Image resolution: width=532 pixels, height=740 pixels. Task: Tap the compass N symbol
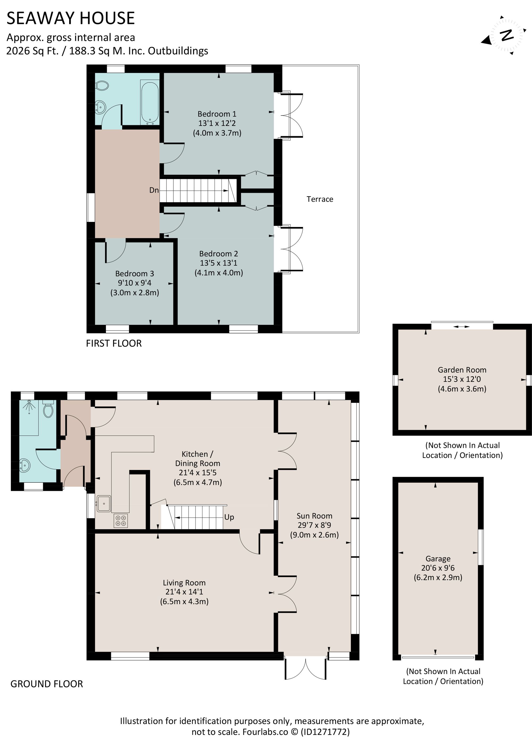(x=506, y=35)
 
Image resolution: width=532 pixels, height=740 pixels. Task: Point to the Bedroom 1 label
(x=217, y=114)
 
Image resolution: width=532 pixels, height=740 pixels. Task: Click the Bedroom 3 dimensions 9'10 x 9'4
(x=134, y=283)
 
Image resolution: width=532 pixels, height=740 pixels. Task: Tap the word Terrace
(x=320, y=199)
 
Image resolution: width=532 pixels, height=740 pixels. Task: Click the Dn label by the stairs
(x=154, y=190)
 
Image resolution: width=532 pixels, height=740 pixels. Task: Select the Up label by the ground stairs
(x=229, y=517)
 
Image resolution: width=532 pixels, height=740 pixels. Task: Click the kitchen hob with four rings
(x=121, y=520)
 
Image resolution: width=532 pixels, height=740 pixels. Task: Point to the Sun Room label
(x=314, y=516)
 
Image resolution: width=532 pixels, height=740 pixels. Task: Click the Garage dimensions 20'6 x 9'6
(x=438, y=568)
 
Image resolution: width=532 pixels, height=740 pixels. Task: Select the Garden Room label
(x=462, y=370)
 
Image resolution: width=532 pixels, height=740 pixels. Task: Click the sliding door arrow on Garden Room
(x=462, y=326)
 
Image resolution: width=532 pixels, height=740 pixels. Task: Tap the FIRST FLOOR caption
(x=114, y=343)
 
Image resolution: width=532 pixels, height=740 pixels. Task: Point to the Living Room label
(x=184, y=583)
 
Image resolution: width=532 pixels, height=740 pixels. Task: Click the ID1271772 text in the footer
(x=325, y=731)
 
